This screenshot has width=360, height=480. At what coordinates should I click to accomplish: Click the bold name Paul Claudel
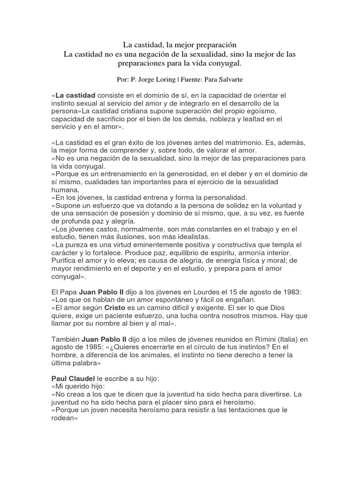[x=70, y=377]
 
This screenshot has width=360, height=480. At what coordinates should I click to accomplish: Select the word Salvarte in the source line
[x=232, y=80]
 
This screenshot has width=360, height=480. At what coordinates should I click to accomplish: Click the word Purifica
[x=65, y=260]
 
